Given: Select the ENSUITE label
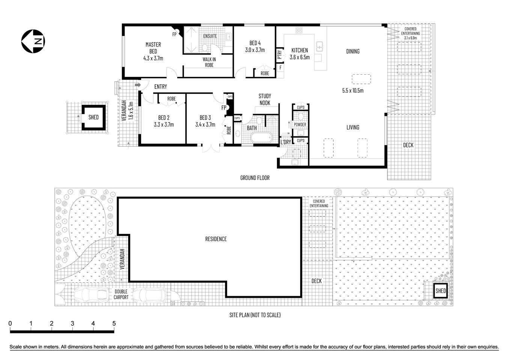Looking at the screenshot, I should pyautogui.click(x=210, y=36).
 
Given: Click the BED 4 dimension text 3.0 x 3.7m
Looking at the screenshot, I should pyautogui.click(x=255, y=50).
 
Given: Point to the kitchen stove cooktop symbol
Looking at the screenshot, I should pyautogui.click(x=299, y=31).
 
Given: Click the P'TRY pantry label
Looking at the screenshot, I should pyautogui.click(x=280, y=55).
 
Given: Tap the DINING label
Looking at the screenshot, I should pyautogui.click(x=352, y=51).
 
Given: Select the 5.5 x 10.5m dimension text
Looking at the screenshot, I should pyautogui.click(x=352, y=90).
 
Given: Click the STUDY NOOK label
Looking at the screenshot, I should pyautogui.click(x=265, y=99).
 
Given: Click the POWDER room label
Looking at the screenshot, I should pyautogui.click(x=300, y=124).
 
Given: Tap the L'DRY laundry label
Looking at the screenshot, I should pyautogui.click(x=286, y=142).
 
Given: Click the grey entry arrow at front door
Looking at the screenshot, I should pyautogui.click(x=138, y=85).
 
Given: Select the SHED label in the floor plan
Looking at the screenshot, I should pyautogui.click(x=93, y=117).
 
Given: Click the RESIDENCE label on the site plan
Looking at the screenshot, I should pyautogui.click(x=216, y=239).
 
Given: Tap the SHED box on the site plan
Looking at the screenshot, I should pyautogui.click(x=441, y=291).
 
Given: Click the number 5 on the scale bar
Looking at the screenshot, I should pyautogui.click(x=113, y=324).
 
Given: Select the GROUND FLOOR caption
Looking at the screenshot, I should pyautogui.click(x=255, y=178).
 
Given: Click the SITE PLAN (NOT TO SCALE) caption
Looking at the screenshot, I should pyautogui.click(x=255, y=315).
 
